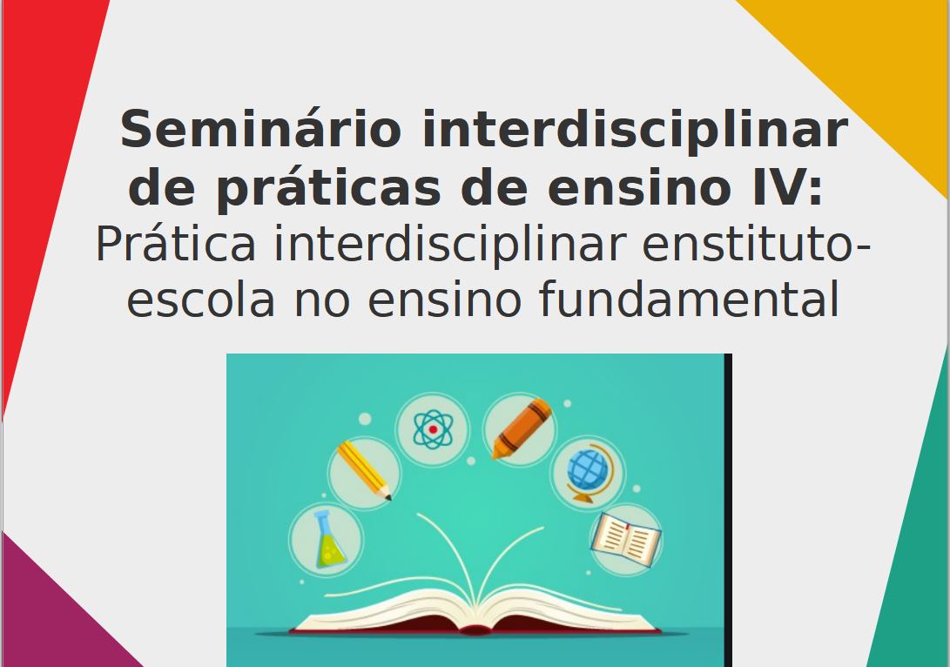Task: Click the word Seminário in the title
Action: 260,128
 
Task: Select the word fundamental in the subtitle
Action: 688,299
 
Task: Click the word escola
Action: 200,300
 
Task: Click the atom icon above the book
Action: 433,429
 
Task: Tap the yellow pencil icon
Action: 364,471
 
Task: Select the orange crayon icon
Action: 521,428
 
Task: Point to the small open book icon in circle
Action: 626,539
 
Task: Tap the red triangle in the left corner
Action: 43,152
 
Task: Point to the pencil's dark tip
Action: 388,498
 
